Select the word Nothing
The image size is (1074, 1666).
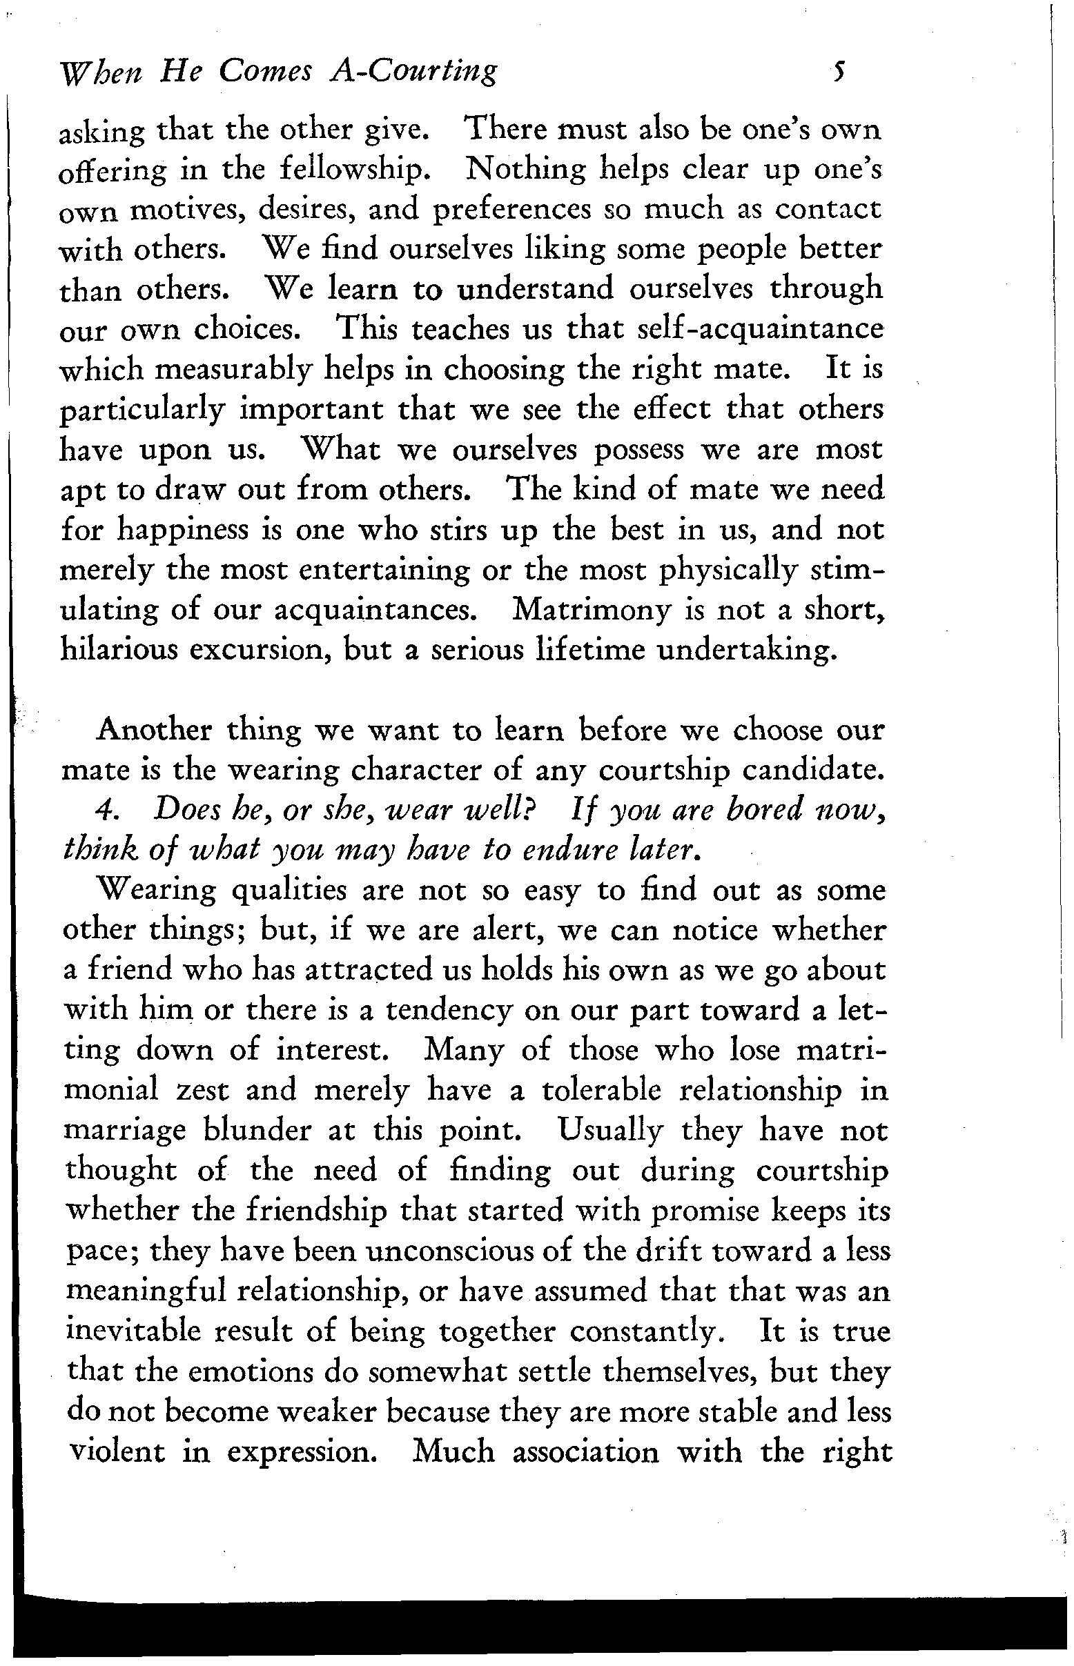pyautogui.click(x=524, y=170)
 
